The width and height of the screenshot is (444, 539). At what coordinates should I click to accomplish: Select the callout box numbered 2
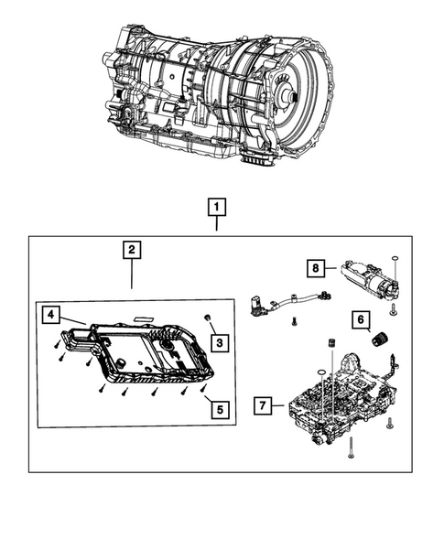(x=132, y=249)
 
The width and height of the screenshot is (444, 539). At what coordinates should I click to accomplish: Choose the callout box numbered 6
(x=362, y=319)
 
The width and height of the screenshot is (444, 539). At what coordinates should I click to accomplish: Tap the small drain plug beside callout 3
(x=209, y=318)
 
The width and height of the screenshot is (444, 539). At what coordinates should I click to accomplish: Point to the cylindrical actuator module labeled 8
(x=371, y=277)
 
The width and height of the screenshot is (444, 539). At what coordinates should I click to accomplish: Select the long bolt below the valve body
(x=352, y=447)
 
